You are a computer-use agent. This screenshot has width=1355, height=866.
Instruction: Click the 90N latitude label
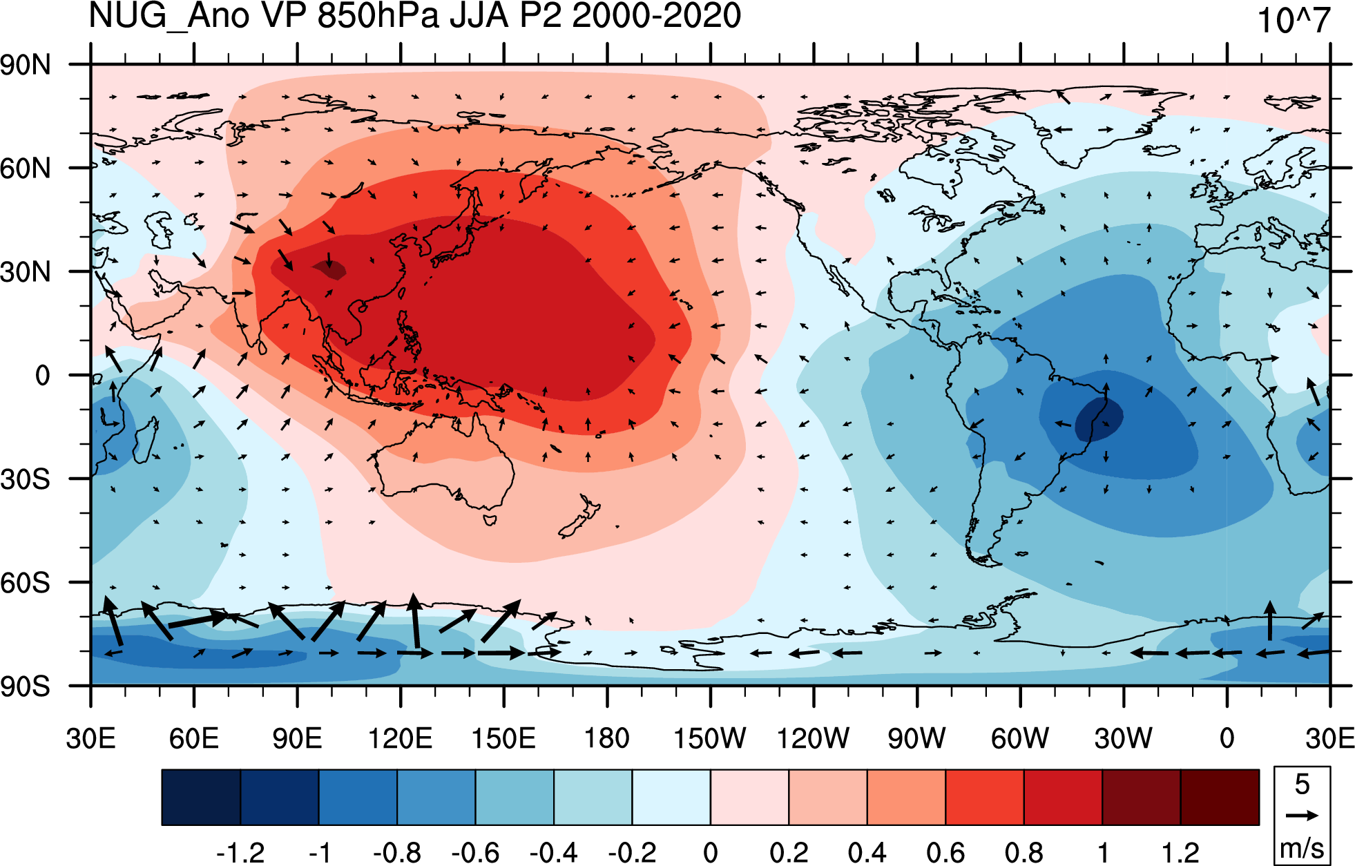(x=26, y=65)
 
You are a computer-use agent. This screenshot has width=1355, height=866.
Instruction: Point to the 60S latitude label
(x=26, y=583)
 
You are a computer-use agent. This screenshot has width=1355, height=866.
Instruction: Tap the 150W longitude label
(x=709, y=738)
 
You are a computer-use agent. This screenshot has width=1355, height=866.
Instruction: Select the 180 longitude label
(x=606, y=738)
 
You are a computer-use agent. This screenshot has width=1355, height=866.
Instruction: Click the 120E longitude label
(x=400, y=738)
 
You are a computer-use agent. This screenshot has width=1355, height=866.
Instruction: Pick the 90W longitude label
(x=916, y=738)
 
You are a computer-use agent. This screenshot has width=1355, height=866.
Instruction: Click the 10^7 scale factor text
(x=1293, y=21)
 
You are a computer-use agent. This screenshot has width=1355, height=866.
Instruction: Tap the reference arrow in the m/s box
(x=1302, y=816)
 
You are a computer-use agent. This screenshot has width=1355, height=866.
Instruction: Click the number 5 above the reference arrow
(x=1302, y=785)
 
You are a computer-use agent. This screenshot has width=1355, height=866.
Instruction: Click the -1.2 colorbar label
(x=240, y=853)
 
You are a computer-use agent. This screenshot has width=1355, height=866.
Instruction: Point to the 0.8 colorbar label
(x=1024, y=853)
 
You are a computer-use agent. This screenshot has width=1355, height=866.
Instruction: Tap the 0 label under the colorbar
(x=710, y=853)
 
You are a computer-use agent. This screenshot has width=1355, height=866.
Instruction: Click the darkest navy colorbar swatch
(x=201, y=798)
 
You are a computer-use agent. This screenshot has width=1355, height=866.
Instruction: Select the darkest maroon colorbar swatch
(x=1220, y=798)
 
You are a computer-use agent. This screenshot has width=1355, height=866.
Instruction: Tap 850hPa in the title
(x=378, y=16)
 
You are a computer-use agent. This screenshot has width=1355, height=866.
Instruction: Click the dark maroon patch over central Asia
(x=330, y=269)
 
